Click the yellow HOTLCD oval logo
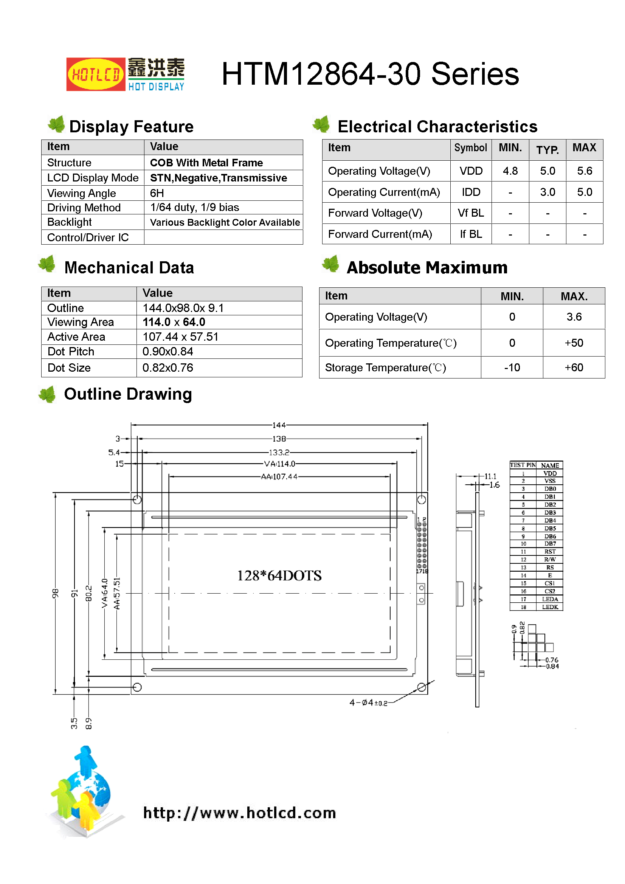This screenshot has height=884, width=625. tap(96, 74)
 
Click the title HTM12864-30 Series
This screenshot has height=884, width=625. tap(370, 74)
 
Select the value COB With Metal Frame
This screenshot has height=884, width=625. tap(206, 163)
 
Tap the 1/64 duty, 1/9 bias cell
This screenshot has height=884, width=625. tap(194, 208)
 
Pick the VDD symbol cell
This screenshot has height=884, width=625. tap(471, 171)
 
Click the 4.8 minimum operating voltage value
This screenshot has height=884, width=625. tap(510, 171)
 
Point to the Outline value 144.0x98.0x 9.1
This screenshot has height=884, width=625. tap(183, 308)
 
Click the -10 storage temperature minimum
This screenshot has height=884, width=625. tap(512, 368)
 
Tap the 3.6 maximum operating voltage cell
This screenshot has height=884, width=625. tap(574, 317)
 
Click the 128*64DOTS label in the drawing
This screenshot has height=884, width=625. tap(279, 575)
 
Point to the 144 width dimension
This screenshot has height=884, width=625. tap(279, 425)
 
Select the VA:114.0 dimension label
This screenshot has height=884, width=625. tap(279, 464)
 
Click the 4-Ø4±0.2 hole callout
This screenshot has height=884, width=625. tap(368, 703)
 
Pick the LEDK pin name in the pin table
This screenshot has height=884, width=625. tap(549, 607)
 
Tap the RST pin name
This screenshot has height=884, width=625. tap(549, 552)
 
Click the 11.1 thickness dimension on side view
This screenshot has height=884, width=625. tap(490, 476)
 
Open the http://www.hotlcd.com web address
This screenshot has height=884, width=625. tap(239, 813)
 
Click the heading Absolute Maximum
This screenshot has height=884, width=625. tap(426, 268)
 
